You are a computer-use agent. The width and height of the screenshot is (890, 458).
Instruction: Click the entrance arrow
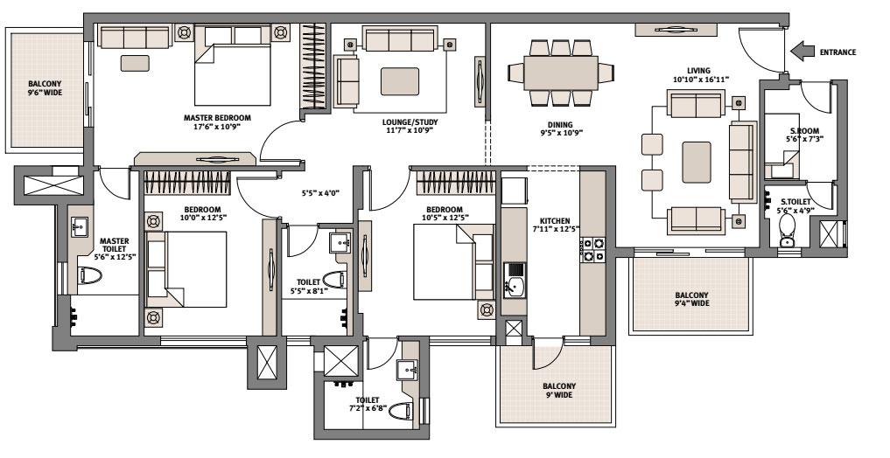(x=802, y=51)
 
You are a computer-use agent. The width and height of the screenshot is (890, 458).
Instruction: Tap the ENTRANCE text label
(x=837, y=52)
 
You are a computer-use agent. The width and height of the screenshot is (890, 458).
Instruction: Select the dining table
(x=561, y=73)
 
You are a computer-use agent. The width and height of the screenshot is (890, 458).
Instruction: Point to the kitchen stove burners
(x=592, y=250)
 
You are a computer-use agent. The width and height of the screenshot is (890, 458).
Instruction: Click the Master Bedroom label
(x=217, y=122)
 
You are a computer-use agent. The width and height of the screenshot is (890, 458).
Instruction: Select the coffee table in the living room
(x=697, y=162)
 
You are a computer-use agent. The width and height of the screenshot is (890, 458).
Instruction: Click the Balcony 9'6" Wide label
(x=45, y=88)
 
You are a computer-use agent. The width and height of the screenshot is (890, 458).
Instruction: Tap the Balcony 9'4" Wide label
(x=692, y=299)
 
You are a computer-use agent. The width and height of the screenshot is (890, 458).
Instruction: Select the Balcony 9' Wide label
(x=559, y=391)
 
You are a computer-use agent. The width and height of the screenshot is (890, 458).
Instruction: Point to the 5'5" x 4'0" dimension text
(x=320, y=192)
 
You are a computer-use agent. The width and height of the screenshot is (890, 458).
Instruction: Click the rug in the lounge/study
(x=400, y=81)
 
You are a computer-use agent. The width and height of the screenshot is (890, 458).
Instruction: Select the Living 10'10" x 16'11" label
(x=700, y=75)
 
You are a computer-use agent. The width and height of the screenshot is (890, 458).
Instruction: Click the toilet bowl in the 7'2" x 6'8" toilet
(x=402, y=411)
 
